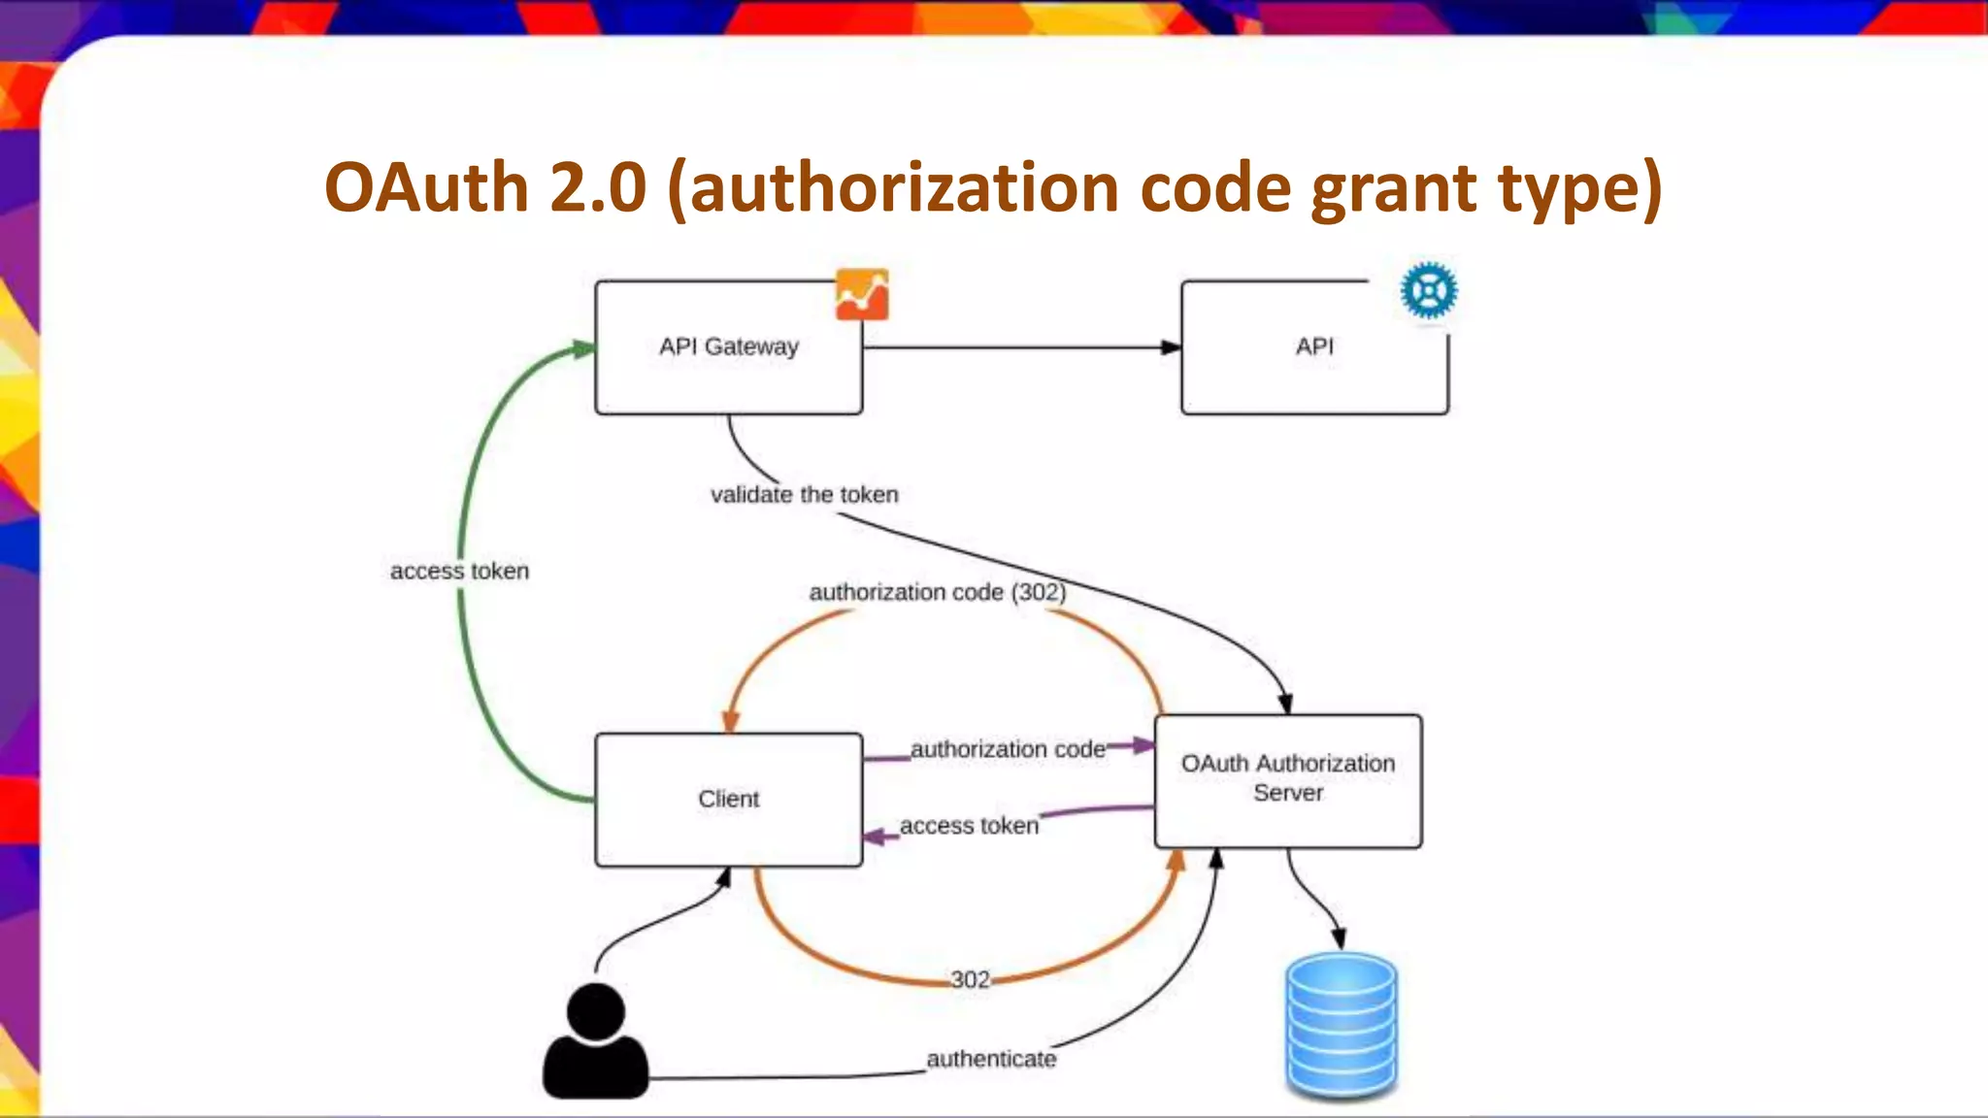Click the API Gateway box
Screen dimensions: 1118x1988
pos(728,347)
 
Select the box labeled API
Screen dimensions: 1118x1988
pos(1313,347)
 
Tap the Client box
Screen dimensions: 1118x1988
pos(728,800)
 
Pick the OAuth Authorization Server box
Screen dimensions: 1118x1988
pos(1287,779)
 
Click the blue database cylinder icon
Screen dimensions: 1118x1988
pos(1341,1026)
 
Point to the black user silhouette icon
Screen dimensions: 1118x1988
pos(595,1042)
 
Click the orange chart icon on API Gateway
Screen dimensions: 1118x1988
pos(862,295)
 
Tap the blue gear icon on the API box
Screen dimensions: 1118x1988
pos(1429,290)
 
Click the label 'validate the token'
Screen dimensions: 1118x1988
pos(805,495)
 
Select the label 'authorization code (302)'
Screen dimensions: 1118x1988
pos(937,592)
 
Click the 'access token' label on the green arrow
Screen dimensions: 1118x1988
pos(459,572)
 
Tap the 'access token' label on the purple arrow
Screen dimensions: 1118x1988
pos(969,826)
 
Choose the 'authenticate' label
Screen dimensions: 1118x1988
pos(991,1059)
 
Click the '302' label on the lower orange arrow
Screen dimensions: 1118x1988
pos(970,979)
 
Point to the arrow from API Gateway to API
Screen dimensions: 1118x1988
pos(1019,347)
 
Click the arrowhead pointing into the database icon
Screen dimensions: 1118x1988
pos(1339,937)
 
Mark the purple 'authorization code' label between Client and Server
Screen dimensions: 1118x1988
pos(1008,749)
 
